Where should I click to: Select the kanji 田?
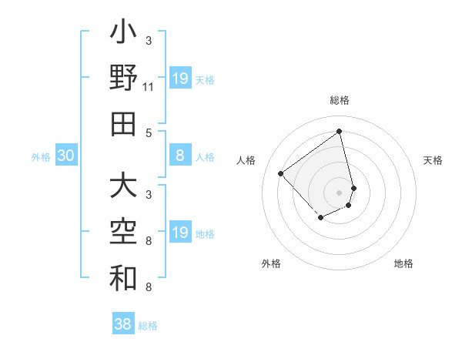tap(124, 123)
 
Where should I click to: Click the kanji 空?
tap(124, 232)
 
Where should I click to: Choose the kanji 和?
tap(124, 278)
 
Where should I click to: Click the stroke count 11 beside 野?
tap(149, 87)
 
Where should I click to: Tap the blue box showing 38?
tap(123, 324)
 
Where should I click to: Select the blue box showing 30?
tap(66, 156)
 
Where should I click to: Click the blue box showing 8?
tap(180, 156)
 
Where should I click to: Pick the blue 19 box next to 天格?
tap(180, 79)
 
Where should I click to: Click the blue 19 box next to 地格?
tap(180, 233)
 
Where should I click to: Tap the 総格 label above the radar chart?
tap(340, 100)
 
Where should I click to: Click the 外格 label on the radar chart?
tap(271, 263)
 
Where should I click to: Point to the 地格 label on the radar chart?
tap(403, 263)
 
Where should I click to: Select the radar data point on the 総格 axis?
tap(340, 130)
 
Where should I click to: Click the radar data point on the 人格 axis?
tap(281, 173)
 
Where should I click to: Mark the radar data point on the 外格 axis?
tap(320, 219)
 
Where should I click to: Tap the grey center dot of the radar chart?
tap(340, 192)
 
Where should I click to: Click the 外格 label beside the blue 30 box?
tap(41, 157)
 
